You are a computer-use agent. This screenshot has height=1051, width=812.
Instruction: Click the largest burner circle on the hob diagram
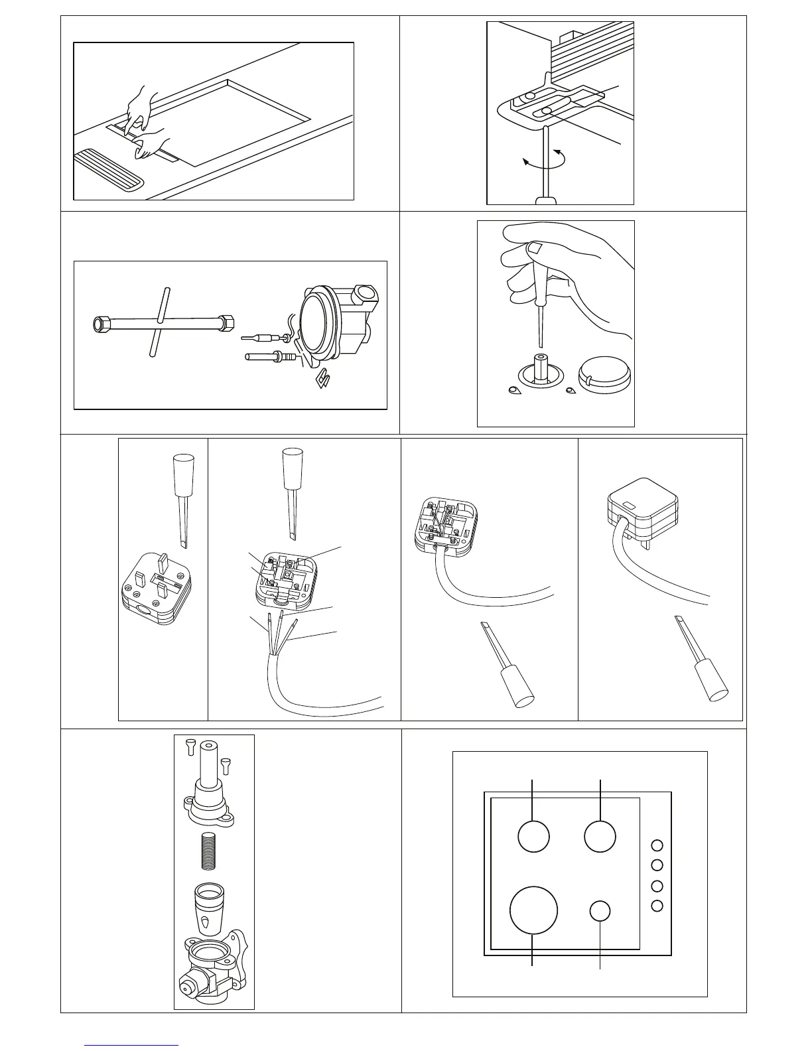click(533, 910)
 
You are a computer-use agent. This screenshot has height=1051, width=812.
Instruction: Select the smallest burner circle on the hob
click(599, 911)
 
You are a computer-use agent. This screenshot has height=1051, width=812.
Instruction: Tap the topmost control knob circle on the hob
click(657, 845)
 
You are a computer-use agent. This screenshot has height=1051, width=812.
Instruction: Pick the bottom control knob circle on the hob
click(657, 906)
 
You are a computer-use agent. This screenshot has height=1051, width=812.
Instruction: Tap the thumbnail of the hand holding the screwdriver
click(535, 248)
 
